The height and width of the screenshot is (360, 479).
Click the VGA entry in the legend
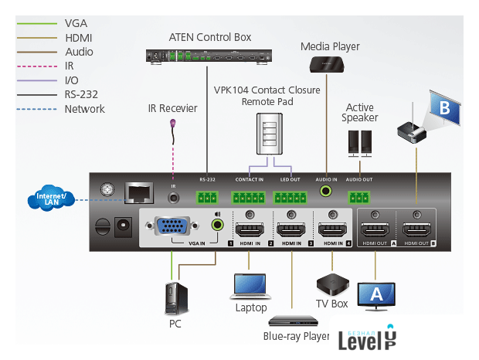point(76,24)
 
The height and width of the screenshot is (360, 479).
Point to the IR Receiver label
point(173,108)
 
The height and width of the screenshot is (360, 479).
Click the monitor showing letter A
point(377,294)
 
